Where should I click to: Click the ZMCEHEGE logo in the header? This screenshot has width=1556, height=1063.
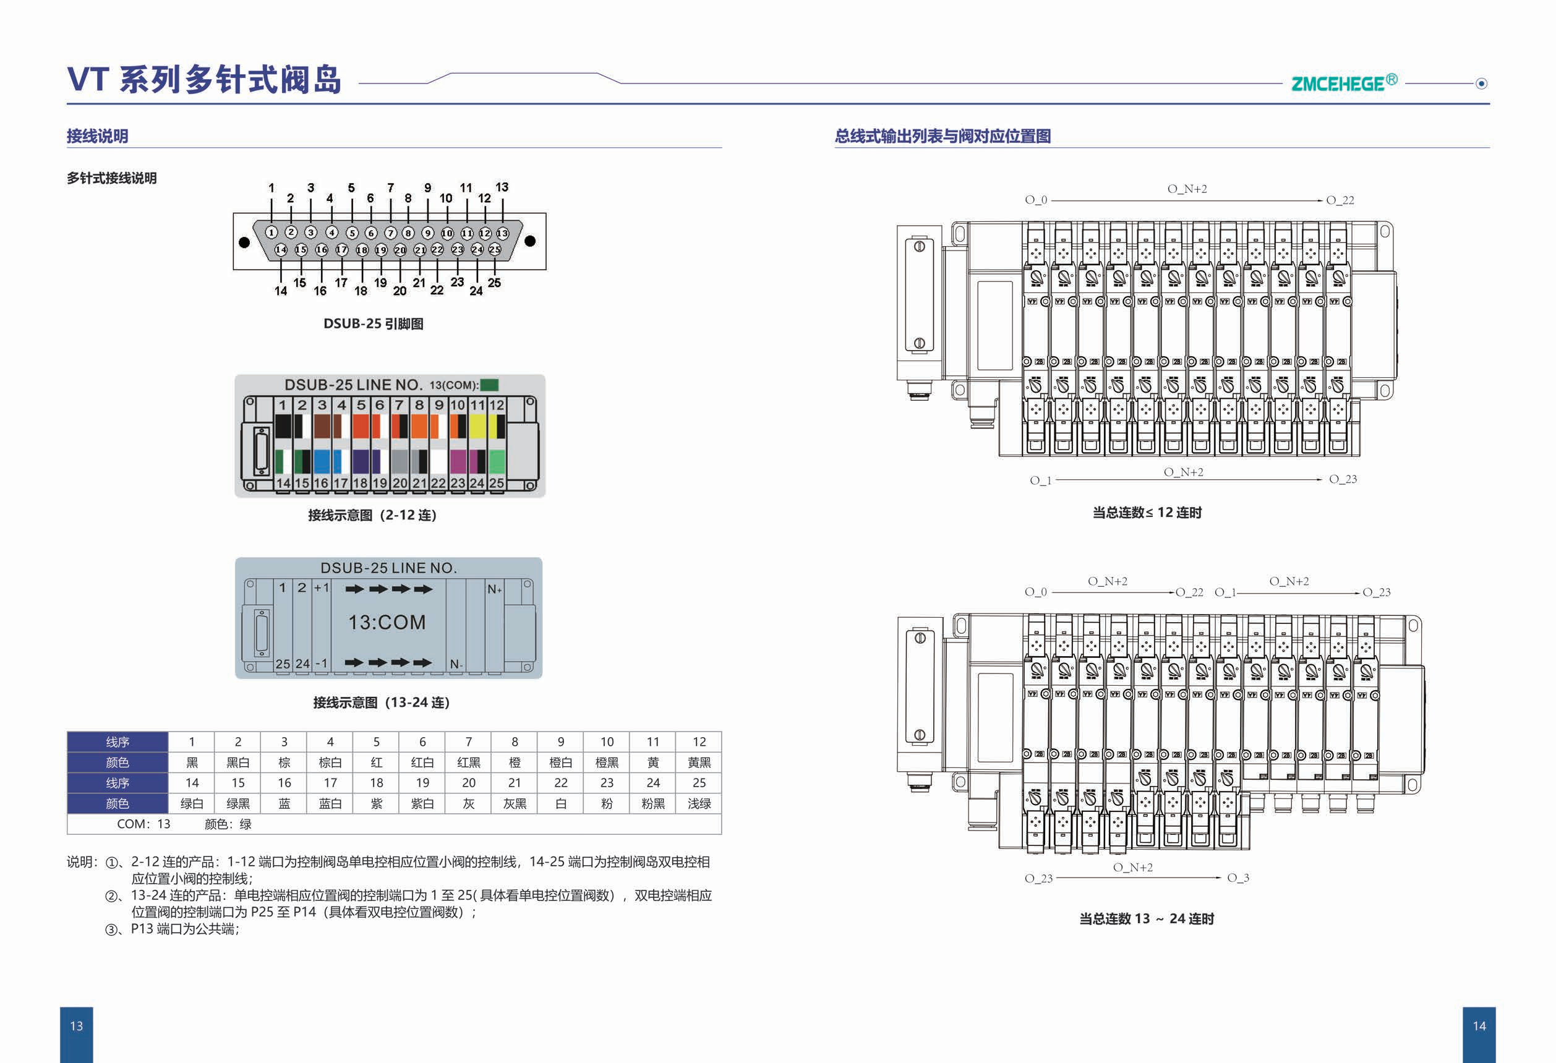tap(1343, 83)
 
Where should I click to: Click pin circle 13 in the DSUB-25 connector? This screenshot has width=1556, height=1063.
tap(502, 233)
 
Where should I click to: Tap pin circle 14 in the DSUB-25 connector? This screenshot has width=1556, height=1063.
tap(281, 250)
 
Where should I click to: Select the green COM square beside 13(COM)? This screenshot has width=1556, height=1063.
tap(489, 385)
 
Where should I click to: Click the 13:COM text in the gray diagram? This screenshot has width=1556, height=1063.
tap(387, 623)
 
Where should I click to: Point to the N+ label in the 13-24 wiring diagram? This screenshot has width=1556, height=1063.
tap(494, 589)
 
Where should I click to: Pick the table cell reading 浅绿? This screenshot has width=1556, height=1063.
tap(699, 803)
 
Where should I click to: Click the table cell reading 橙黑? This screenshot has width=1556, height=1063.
tap(607, 762)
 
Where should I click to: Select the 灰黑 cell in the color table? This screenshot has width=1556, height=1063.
tap(514, 803)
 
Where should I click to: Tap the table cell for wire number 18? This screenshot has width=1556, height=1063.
tap(376, 782)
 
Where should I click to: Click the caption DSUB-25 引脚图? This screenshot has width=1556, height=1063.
tap(373, 324)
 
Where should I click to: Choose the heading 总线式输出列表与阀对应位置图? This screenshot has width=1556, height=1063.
tap(942, 137)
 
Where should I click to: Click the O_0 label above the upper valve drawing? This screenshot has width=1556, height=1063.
tap(1036, 200)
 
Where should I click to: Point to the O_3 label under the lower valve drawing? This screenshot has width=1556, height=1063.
tap(1238, 877)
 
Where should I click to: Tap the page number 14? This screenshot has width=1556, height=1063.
tap(1479, 1026)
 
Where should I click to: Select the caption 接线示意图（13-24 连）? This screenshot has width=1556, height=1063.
tap(381, 703)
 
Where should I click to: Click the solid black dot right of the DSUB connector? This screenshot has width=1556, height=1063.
tap(530, 241)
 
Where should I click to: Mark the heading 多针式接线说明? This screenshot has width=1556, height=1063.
tap(112, 178)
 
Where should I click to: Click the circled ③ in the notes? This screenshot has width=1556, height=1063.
tap(112, 929)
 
